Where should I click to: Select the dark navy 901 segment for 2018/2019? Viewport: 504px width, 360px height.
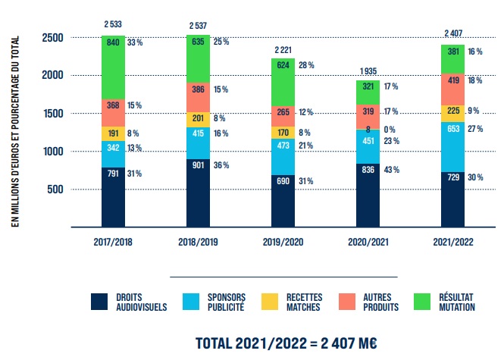tap(197, 193)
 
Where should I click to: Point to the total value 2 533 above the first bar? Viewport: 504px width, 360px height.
tap(114, 25)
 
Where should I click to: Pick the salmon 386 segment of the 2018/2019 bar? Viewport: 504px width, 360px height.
tap(197, 97)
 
